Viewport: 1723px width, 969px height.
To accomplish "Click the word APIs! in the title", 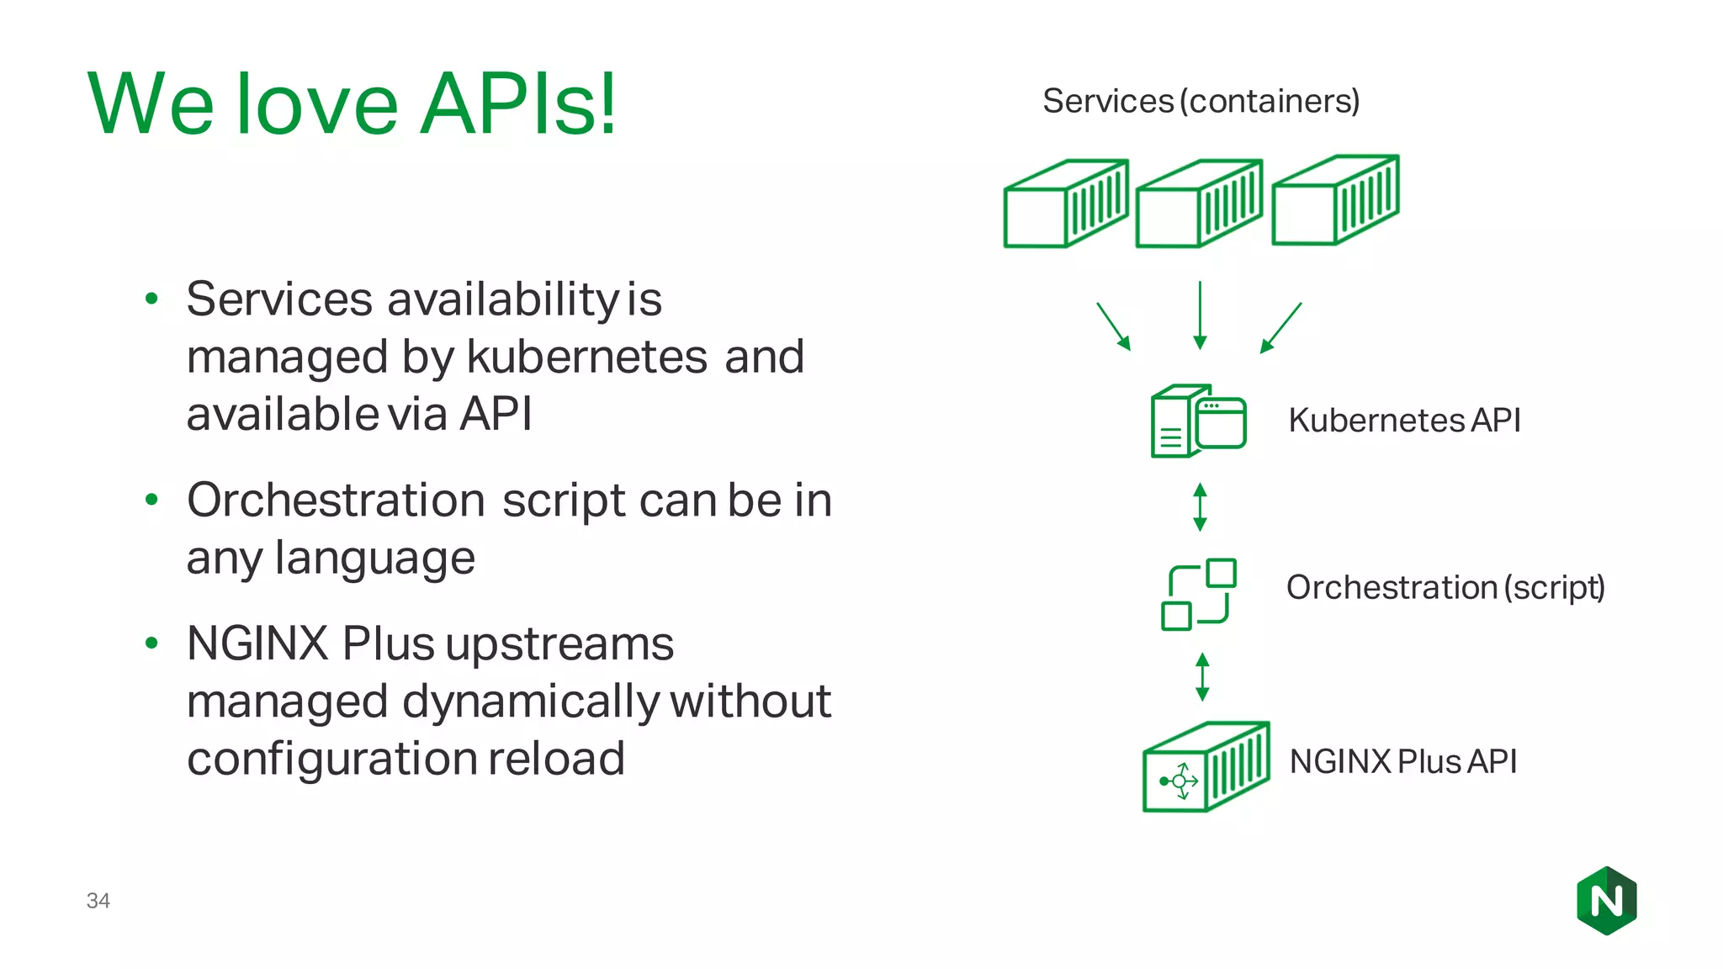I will pos(518,104).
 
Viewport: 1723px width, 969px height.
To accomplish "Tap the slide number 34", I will pos(98,901).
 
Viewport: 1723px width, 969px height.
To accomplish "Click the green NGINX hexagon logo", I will pos(1606,901).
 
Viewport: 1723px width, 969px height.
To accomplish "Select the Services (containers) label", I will pos(1201,102).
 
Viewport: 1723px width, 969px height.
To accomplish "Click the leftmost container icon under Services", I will pos(1066,204).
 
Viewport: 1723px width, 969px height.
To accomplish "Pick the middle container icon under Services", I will pos(1199,204).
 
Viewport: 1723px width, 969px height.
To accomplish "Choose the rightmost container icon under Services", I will pos(1335,201).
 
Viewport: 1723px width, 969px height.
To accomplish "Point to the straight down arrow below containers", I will pos(1200,315).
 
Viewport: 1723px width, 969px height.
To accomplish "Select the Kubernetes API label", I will pos(1404,421).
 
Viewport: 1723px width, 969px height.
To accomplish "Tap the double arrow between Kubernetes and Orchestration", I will pos(1200,507).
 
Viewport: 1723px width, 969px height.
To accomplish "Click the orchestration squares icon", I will pos(1198,594).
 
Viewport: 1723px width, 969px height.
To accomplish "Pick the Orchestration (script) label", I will pos(1445,587).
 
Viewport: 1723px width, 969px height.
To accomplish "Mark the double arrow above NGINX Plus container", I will pos(1202,677).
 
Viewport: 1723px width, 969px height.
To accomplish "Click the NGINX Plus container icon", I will pos(1206,767).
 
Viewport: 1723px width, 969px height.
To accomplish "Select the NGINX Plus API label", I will pos(1402,762).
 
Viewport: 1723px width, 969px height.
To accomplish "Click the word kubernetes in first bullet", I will pos(587,357).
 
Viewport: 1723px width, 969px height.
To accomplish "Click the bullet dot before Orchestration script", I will pos(151,500).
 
